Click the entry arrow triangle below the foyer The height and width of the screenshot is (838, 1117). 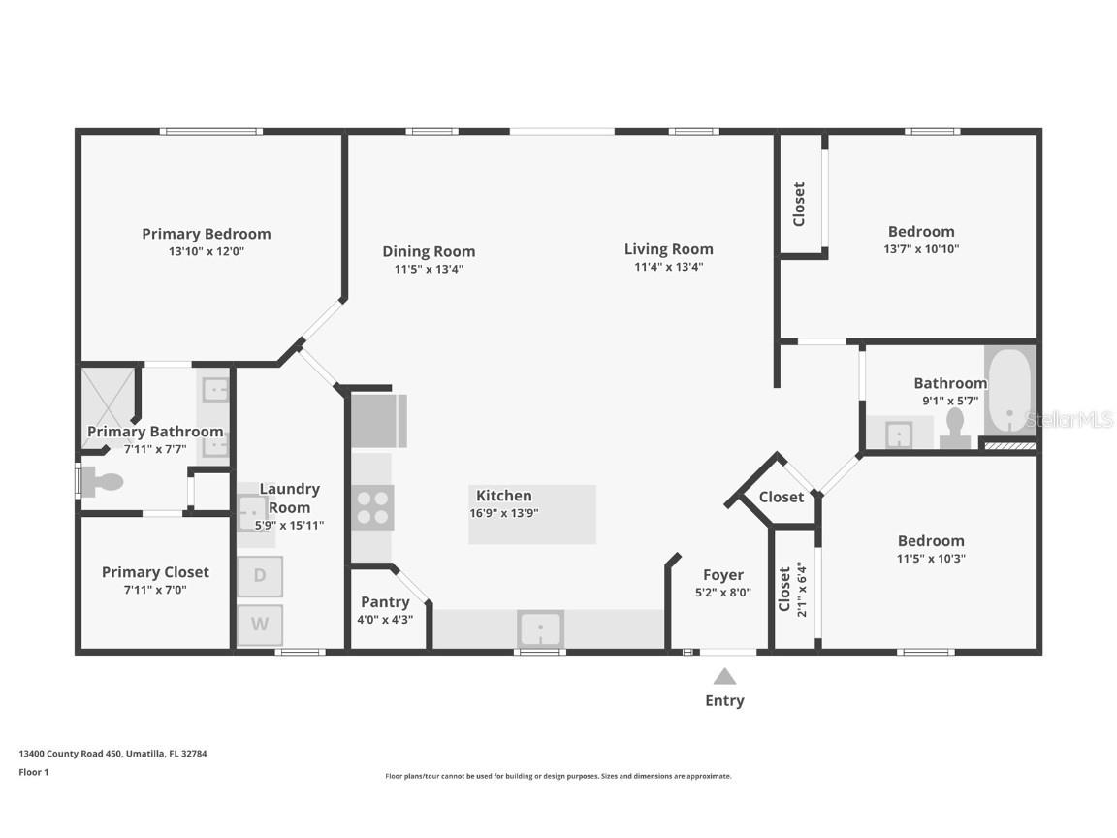724,676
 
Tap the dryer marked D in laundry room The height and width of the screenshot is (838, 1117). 260,575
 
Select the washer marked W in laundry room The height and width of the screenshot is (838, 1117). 260,625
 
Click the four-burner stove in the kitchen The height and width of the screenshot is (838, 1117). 372,507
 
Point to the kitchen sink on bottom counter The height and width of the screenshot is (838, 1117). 541,628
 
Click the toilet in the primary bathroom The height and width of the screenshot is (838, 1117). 102,481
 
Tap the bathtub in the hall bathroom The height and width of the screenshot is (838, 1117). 1009,393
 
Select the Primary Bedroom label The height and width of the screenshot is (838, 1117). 207,234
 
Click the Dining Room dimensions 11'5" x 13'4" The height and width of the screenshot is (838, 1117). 429,269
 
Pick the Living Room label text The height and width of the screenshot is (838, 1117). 668,249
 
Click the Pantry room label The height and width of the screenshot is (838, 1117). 385,602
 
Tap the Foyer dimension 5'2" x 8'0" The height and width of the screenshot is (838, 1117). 723,593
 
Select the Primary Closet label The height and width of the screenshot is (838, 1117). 155,572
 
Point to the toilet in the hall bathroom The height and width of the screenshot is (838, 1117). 955,428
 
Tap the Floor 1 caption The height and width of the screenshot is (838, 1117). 33,772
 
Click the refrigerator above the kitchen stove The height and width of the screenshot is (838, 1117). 378,420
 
